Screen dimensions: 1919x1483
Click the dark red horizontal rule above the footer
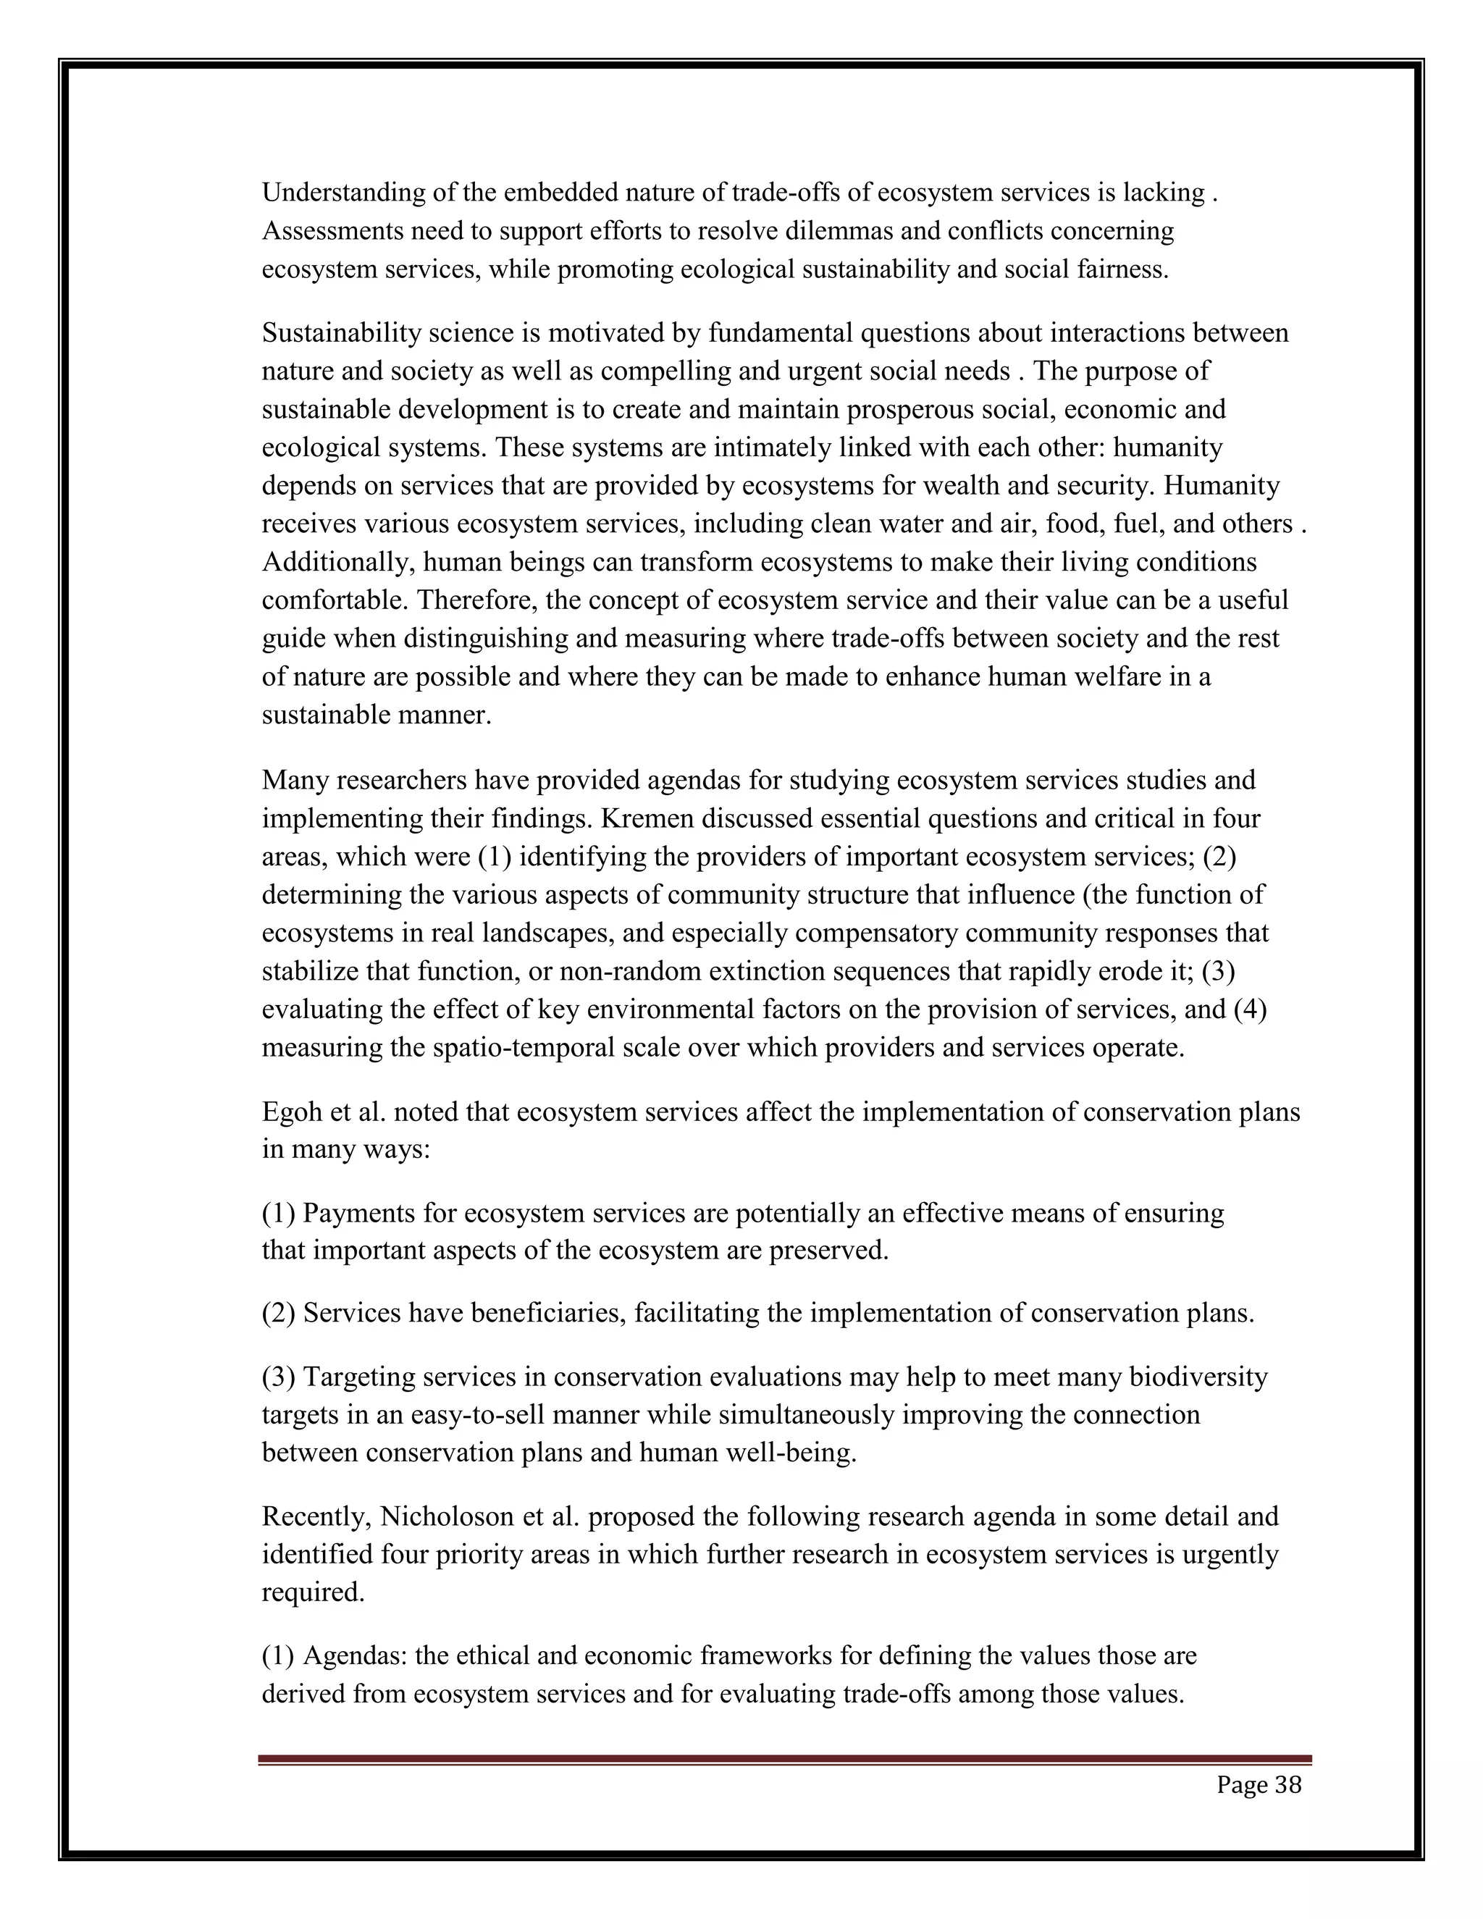pyautogui.click(x=784, y=1759)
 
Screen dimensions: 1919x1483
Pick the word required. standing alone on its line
pyautogui.click(x=313, y=1592)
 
